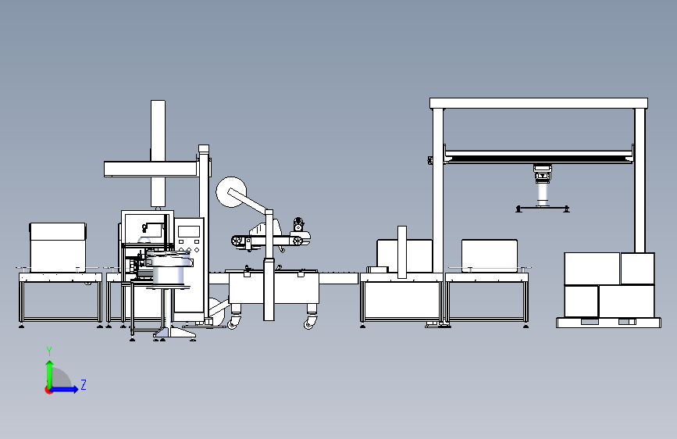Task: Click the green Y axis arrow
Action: [x=49, y=370]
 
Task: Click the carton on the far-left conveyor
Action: [x=58, y=245]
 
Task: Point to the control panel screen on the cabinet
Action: [x=188, y=231]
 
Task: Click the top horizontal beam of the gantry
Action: [x=539, y=103]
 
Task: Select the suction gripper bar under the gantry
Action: [x=542, y=208]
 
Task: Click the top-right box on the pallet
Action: [x=637, y=268]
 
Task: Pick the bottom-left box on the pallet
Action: [x=580, y=301]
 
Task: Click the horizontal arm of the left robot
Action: [x=150, y=168]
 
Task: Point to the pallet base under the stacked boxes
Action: [x=606, y=321]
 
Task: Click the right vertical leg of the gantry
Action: [x=640, y=180]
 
